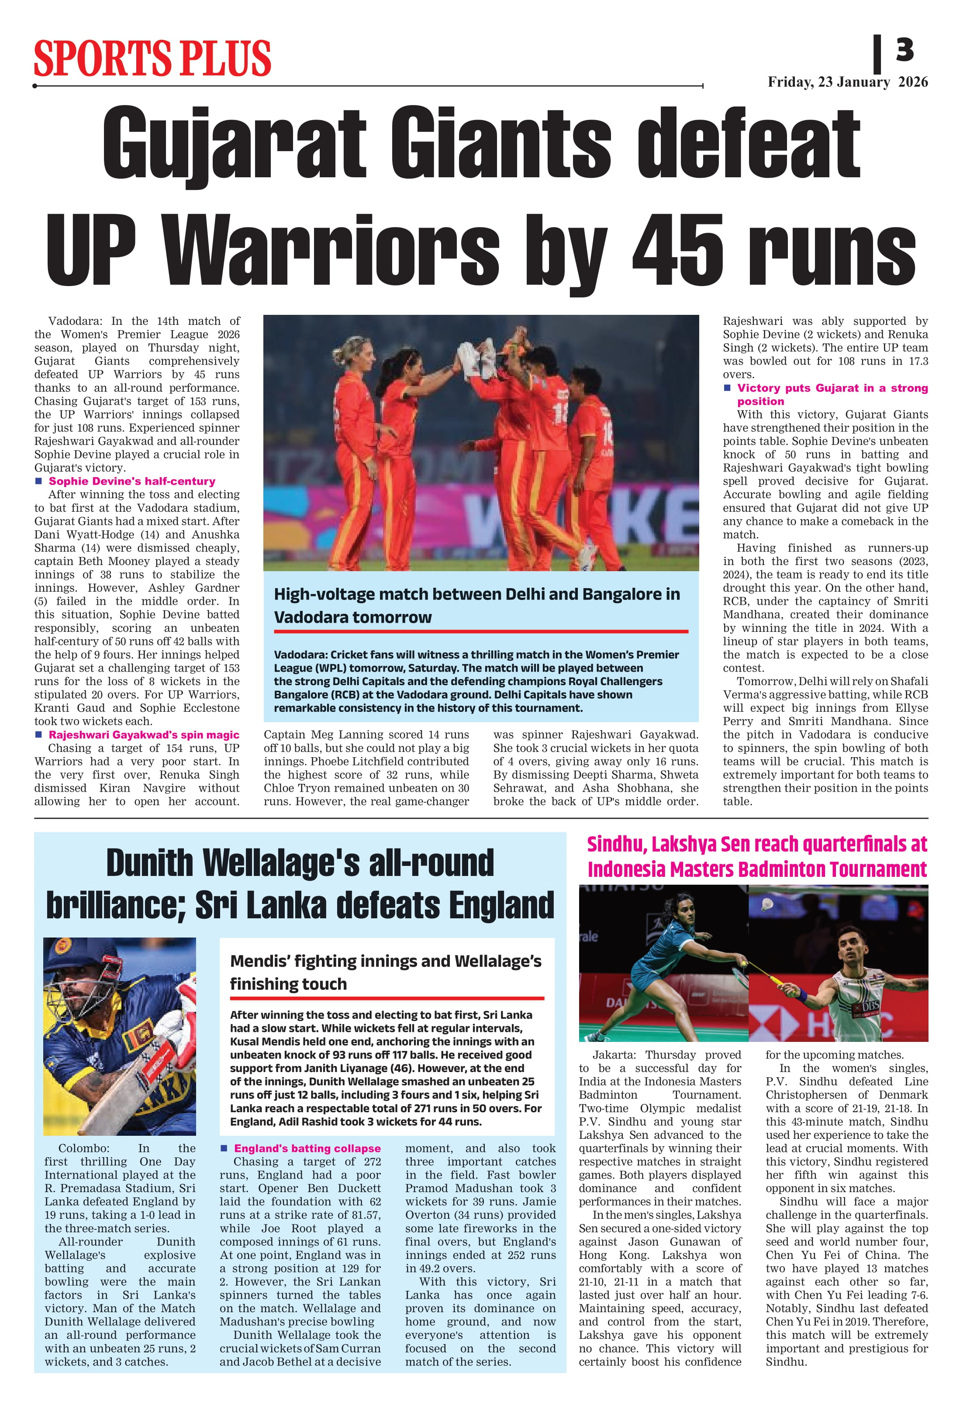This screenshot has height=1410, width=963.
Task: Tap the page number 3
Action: point(904,50)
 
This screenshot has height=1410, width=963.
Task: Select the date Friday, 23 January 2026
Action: point(847,83)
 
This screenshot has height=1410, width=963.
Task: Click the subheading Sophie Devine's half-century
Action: point(132,481)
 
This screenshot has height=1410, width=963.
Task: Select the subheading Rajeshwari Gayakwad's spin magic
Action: point(144,735)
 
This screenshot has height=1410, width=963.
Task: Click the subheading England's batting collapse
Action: point(307,1148)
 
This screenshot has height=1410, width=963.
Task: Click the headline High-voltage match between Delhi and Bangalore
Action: point(476,606)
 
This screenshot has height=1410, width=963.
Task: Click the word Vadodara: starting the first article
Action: point(76,321)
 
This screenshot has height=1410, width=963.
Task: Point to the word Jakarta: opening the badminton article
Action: point(614,1055)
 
